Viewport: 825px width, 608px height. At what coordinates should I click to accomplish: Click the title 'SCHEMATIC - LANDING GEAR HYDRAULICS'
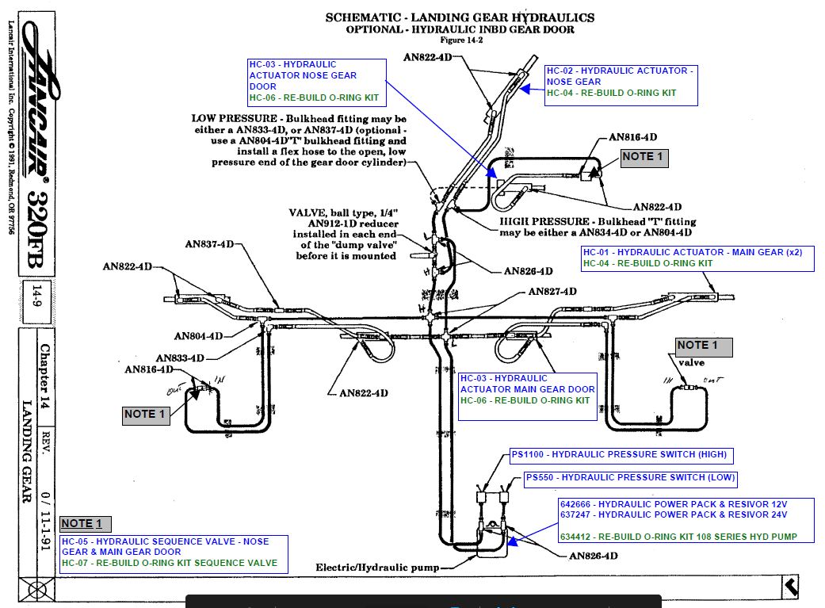click(460, 17)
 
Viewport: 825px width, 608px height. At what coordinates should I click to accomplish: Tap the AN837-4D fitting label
click(209, 244)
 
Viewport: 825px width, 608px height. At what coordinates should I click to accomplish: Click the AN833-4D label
click(180, 358)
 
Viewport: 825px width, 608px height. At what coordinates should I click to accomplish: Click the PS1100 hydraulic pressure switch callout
click(618, 456)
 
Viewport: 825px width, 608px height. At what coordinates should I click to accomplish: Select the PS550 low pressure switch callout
click(630, 479)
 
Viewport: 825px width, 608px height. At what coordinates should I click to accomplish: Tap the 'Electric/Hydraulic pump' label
click(376, 568)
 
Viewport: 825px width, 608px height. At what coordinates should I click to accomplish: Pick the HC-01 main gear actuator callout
click(697, 258)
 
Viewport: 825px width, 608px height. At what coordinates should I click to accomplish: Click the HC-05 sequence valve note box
click(173, 553)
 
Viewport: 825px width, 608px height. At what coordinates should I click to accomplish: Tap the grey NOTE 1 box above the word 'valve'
click(703, 346)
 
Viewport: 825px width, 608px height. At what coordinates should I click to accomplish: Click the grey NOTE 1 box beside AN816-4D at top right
click(644, 157)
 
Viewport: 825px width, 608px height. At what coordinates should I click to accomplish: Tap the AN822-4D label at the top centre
click(430, 57)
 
